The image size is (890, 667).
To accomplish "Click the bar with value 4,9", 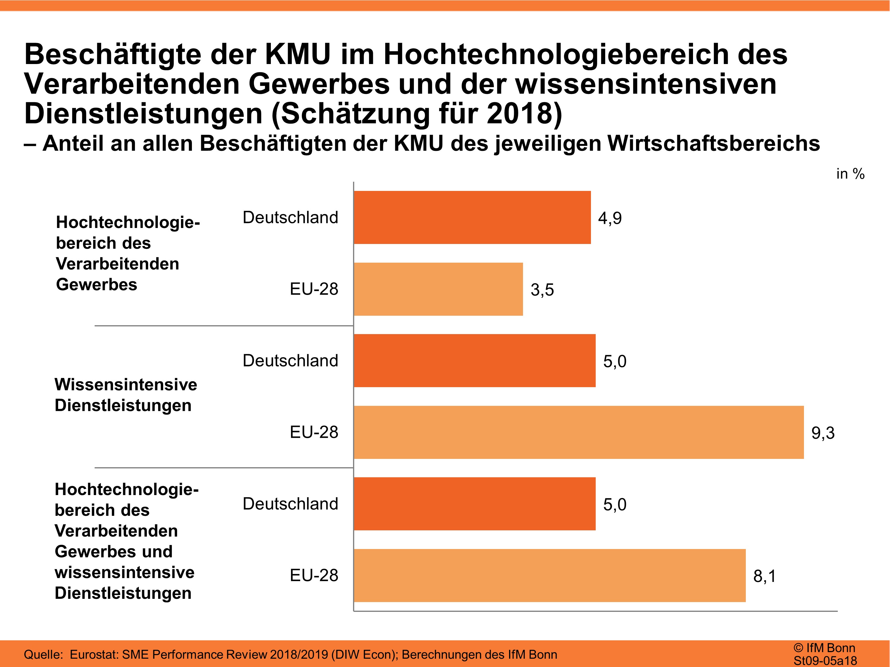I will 472,218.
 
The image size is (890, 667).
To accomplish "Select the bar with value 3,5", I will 438,289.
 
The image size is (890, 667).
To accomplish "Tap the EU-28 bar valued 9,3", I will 578,432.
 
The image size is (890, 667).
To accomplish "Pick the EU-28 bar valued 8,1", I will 550,575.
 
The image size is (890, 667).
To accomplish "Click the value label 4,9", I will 610,218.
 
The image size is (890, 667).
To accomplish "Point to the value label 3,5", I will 542,290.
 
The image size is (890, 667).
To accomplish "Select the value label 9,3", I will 823,433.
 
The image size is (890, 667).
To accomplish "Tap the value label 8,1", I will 765,576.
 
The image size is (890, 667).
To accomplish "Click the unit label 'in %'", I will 850,174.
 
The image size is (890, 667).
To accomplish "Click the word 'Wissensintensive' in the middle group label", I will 126,385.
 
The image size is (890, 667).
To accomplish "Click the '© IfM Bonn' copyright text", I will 824,648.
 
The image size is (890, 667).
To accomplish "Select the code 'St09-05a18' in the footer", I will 825,660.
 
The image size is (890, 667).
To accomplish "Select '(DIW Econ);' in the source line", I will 365,655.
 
